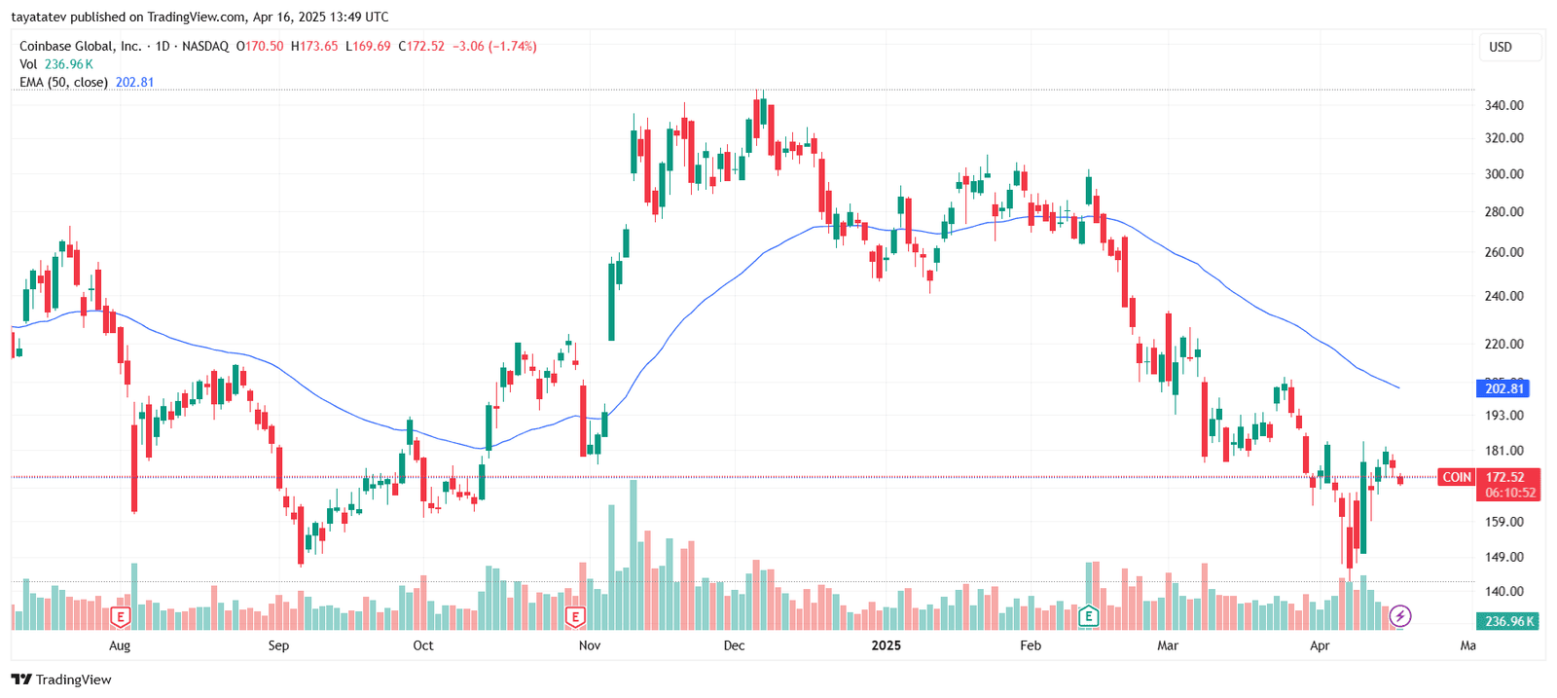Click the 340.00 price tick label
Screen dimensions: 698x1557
[1503, 105]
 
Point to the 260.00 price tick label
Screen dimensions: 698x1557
[1503, 252]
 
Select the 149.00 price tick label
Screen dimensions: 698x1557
[1503, 557]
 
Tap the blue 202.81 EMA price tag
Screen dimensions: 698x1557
[1503, 388]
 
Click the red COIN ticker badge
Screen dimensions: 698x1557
[1456, 477]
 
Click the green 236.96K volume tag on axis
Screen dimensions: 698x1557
[1508, 621]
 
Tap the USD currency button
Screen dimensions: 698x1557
[1501, 47]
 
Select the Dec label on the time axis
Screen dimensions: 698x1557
[734, 645]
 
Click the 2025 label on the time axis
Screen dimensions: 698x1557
[886, 645]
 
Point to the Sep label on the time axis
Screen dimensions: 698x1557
[278, 645]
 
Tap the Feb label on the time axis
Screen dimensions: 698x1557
[1030, 645]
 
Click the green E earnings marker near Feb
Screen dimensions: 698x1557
[1088, 616]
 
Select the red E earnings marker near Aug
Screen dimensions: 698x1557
[120, 616]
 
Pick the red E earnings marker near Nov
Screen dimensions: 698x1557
[575, 616]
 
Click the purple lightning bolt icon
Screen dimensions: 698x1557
[1399, 615]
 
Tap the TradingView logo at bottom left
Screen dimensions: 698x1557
[61, 680]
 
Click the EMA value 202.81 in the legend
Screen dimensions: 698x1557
[134, 83]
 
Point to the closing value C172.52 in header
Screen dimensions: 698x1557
[421, 46]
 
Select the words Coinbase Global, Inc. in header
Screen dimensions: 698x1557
[80, 46]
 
